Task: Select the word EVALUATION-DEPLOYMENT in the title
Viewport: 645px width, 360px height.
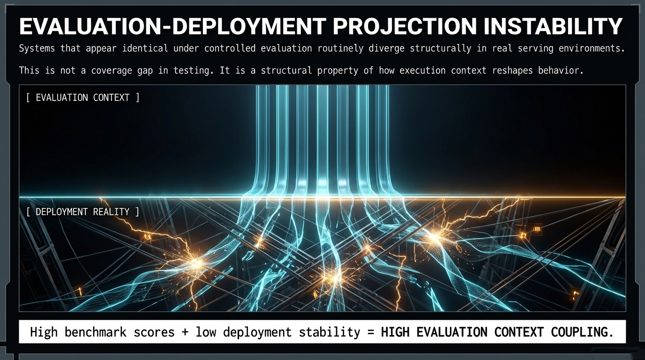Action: [x=172, y=27]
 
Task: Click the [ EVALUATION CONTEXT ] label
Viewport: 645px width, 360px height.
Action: [x=83, y=97]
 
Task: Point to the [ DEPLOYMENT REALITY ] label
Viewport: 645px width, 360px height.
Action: [x=83, y=212]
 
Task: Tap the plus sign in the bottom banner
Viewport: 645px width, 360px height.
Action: [x=185, y=332]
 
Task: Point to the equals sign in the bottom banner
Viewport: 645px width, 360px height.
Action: [x=370, y=332]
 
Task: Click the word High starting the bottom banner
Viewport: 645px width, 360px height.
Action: [x=44, y=332]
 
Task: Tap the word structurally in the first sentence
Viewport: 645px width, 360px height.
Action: [x=441, y=48]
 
